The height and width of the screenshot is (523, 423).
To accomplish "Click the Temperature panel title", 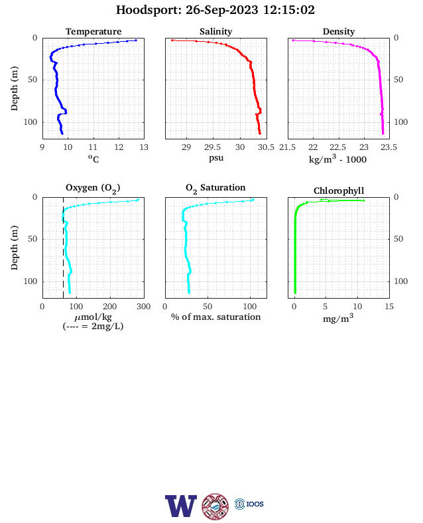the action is pos(93,31).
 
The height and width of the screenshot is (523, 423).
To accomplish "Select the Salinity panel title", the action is pos(216,31).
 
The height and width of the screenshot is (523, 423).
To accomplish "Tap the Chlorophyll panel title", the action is pos(339,190).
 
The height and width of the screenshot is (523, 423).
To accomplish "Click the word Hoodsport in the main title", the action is pos(149,10).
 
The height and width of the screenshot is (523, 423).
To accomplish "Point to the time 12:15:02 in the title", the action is pos(289,10).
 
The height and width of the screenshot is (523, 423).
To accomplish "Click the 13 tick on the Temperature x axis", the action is pos(144,147).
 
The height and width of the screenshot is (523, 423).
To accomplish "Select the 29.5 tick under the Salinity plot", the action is pos(213,147).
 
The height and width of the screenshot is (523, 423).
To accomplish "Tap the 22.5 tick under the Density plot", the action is pos(337,147).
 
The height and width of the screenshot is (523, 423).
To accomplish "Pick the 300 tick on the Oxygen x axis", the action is pos(144,307).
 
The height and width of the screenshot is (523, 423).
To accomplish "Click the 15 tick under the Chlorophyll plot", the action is pos(389,307).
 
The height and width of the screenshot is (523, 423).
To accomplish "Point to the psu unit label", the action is pos(216,158).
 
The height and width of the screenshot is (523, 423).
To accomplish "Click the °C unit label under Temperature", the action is pos(93,159).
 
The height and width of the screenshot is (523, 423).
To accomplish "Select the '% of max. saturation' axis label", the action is pos(216,317).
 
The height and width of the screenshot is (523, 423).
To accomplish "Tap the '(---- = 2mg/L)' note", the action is pos(93,326).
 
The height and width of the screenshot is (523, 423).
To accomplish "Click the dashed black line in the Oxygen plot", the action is pos(63,248).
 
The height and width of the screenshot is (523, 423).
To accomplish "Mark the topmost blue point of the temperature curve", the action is pos(135,40).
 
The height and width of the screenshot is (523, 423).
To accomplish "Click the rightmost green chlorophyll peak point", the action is pos(363,200).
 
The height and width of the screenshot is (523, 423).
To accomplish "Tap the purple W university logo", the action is pos(180,506).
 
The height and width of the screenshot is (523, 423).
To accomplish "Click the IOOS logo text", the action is pos(255,504).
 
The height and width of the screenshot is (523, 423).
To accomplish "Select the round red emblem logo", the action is pos(215,506).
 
